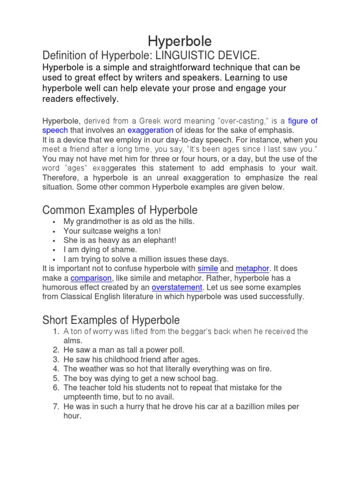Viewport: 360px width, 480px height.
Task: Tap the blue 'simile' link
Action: (208, 269)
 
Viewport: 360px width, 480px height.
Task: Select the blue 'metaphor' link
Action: (252, 269)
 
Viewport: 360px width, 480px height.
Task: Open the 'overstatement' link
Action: (177, 287)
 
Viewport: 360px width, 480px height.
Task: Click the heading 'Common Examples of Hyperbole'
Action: (120, 210)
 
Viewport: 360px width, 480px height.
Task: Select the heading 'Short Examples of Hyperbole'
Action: (111, 320)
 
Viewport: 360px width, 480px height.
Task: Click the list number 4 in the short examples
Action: (55, 369)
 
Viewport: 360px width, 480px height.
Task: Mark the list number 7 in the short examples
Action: (55, 406)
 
